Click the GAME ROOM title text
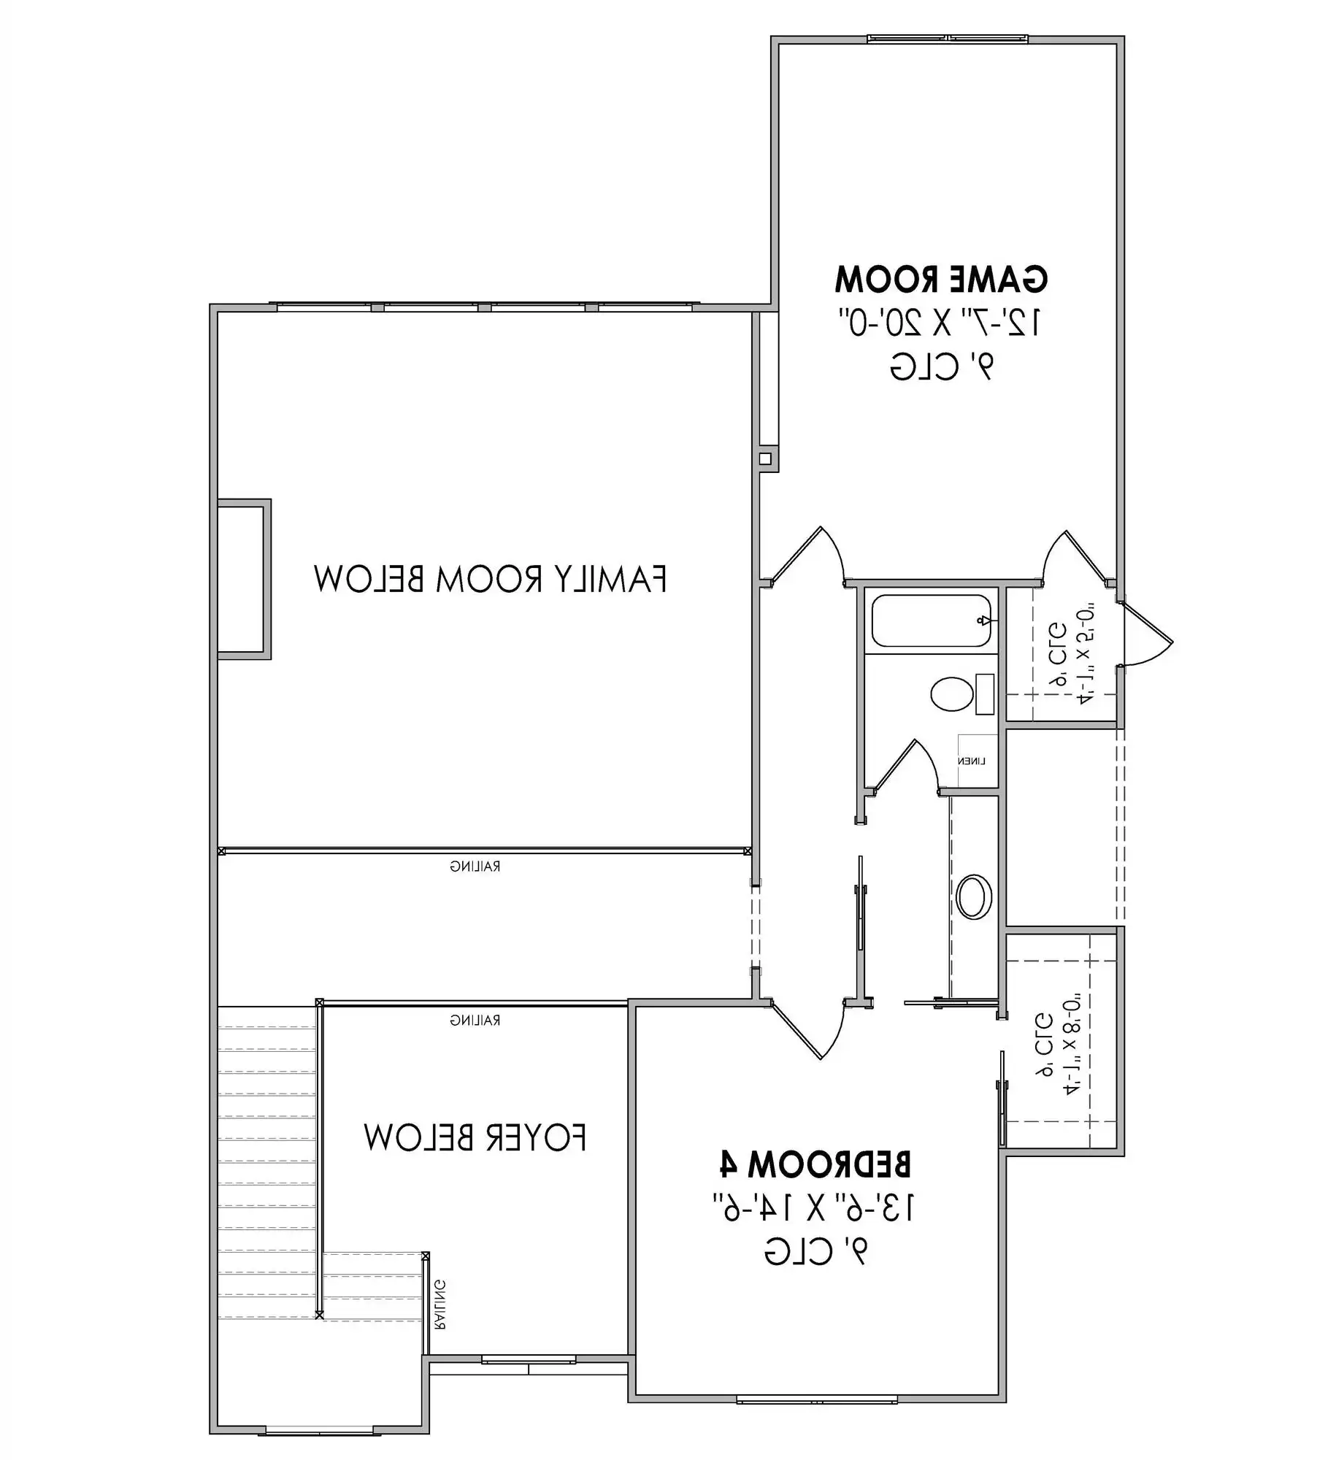pyautogui.click(x=940, y=279)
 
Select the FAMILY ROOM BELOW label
pyautogui.click(x=490, y=579)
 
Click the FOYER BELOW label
pyautogui.click(x=475, y=1137)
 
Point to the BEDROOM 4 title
pyautogui.click(x=815, y=1164)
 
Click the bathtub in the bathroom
pyautogui.click(x=931, y=620)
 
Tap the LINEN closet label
pyautogui.click(x=972, y=761)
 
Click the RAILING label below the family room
pyautogui.click(x=475, y=867)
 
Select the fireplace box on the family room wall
pyautogui.click(x=243, y=580)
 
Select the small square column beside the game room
pyautogui.click(x=764, y=458)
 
